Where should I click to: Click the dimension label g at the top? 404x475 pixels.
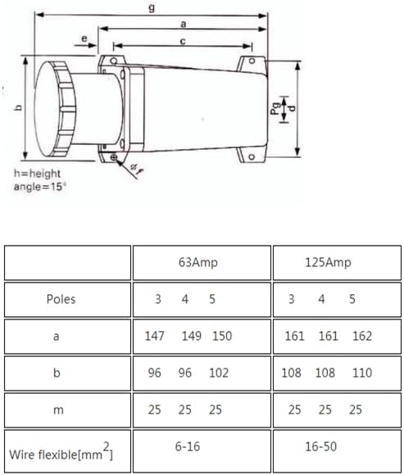152,7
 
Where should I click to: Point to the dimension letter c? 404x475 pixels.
183,41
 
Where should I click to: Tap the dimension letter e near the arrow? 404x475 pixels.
84,38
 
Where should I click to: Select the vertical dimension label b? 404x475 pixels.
19,107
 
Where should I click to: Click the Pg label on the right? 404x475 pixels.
275,109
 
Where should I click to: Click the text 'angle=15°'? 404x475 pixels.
39,186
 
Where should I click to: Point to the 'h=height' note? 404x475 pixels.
37,174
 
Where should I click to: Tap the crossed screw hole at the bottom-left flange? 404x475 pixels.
114,157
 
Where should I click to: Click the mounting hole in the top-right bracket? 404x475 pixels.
252,61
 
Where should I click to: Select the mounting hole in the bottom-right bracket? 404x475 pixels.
252,157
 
